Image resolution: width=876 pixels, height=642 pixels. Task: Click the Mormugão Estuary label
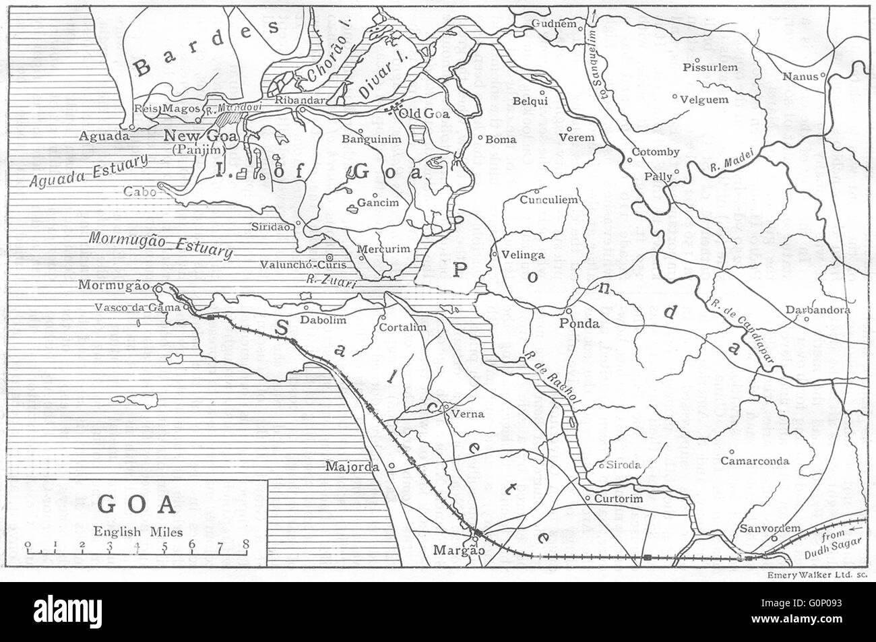(160, 246)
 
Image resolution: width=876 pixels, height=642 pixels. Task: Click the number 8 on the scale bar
(245, 544)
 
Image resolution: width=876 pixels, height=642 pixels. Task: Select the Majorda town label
(354, 466)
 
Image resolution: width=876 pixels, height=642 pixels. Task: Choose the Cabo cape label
(139, 191)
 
